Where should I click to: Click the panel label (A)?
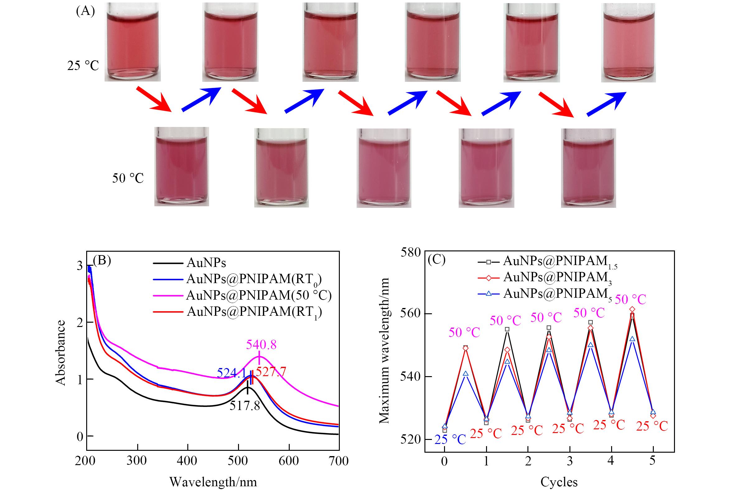pos(85,12)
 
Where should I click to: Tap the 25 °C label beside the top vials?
pos(83,66)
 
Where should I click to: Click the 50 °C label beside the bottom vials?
pos(128,178)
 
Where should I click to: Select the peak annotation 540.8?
pos(261,344)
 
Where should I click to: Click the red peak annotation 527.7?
pos(271,372)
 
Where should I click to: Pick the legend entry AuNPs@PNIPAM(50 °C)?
pos(259,295)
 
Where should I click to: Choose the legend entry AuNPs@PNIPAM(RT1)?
pos(254,311)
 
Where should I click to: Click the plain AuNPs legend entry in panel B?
pos(206,263)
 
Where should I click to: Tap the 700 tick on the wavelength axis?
pos(339,461)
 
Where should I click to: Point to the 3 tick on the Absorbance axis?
pos(80,266)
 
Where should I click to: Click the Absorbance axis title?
pos(61,353)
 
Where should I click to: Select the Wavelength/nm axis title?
pos(213,482)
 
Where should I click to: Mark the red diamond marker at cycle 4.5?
pos(632,309)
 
